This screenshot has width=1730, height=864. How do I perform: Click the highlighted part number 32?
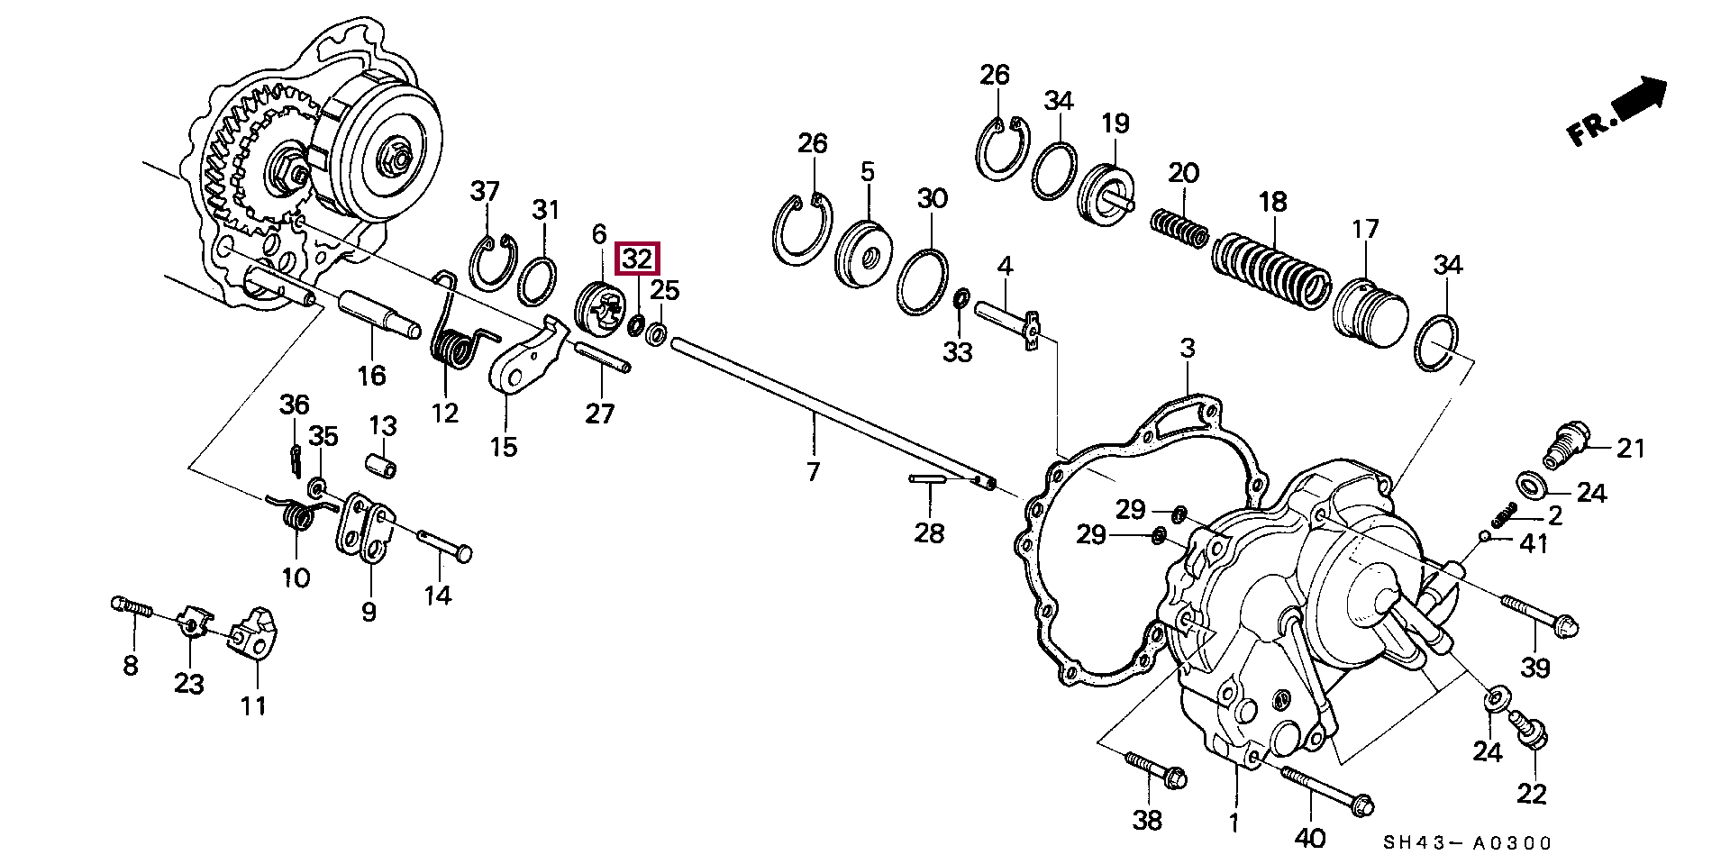point(637,259)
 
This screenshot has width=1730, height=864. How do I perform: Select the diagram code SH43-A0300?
point(1468,843)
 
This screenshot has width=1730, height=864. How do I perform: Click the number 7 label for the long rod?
point(813,471)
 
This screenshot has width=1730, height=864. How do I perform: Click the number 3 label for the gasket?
point(1188,348)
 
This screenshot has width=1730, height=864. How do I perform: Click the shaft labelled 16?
point(377,314)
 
